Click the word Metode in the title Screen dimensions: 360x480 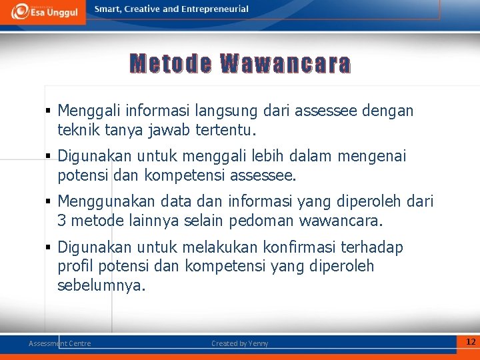(171, 64)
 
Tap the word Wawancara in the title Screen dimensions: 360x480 (285, 64)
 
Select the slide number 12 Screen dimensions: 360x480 (471, 342)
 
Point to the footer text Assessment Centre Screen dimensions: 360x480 (59, 343)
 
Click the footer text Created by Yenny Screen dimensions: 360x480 (240, 343)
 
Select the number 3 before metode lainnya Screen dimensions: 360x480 (62, 220)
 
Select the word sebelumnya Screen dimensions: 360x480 (101, 285)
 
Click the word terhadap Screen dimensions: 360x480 (371, 248)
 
